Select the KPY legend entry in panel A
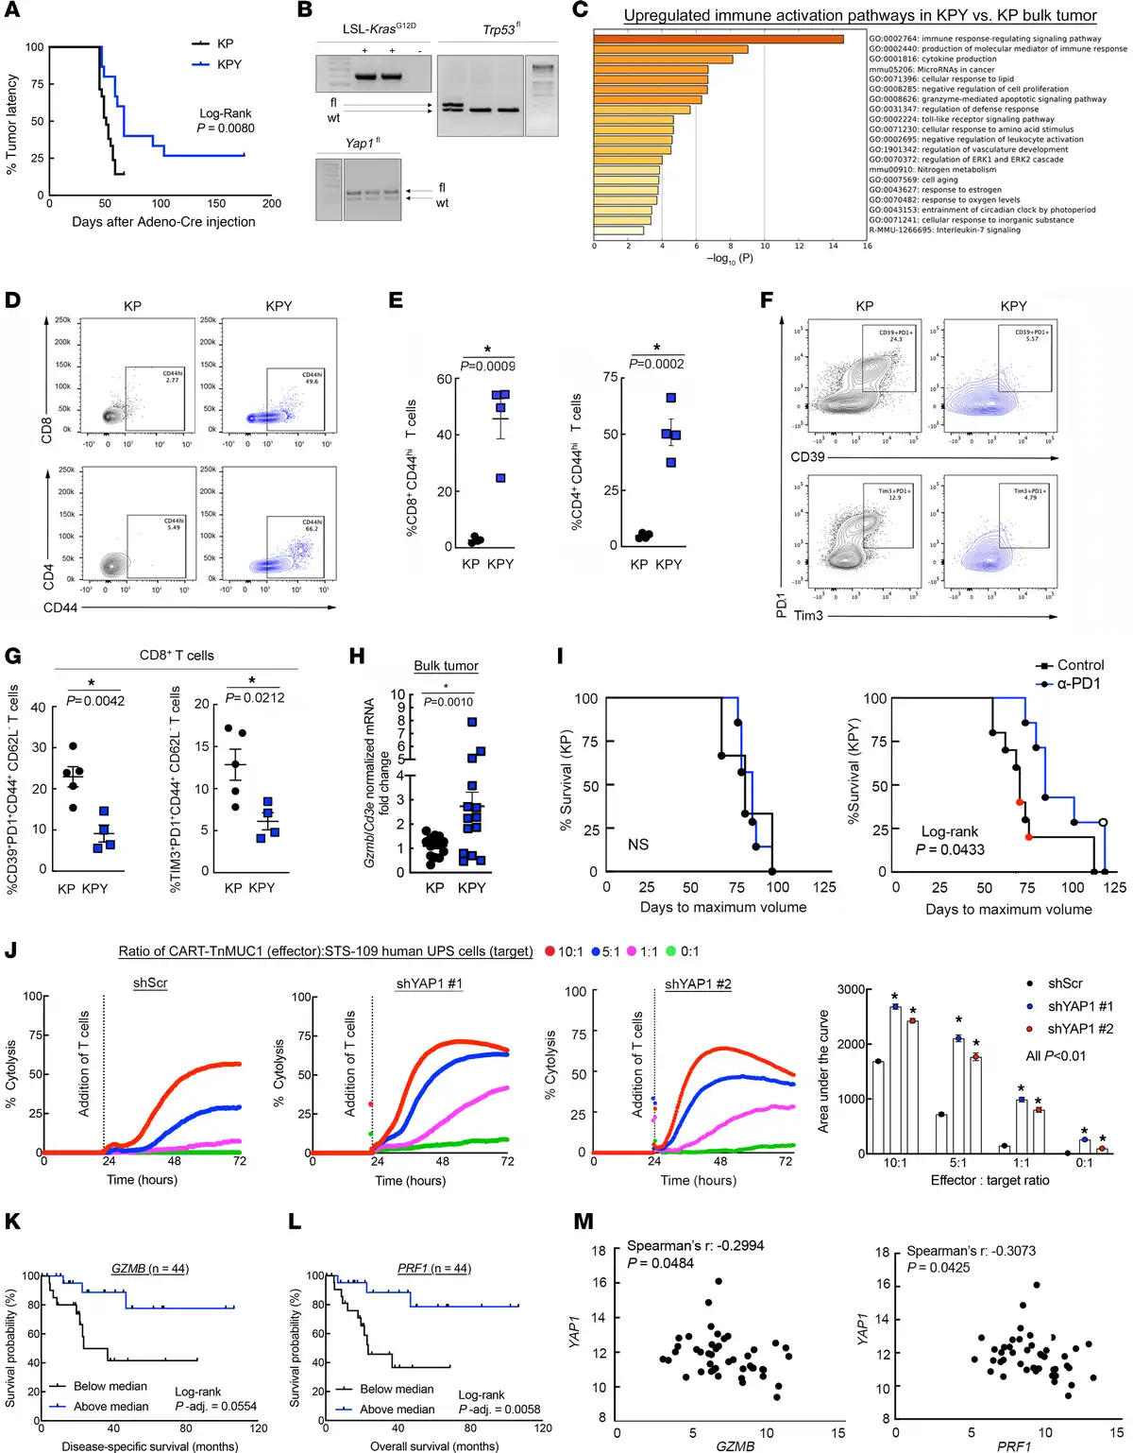228,64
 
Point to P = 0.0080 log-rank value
226,128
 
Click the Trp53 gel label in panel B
501,29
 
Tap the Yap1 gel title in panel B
363,143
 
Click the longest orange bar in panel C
719,39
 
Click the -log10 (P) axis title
730,258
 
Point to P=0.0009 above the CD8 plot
488,367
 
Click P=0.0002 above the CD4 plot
657,364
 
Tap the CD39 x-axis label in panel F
807,457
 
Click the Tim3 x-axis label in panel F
808,616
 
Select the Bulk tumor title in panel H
446,666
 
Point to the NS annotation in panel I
638,844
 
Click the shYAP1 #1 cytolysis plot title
429,983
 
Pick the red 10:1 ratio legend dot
550,951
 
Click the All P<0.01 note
1056,1055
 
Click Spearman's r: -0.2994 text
695,1245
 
